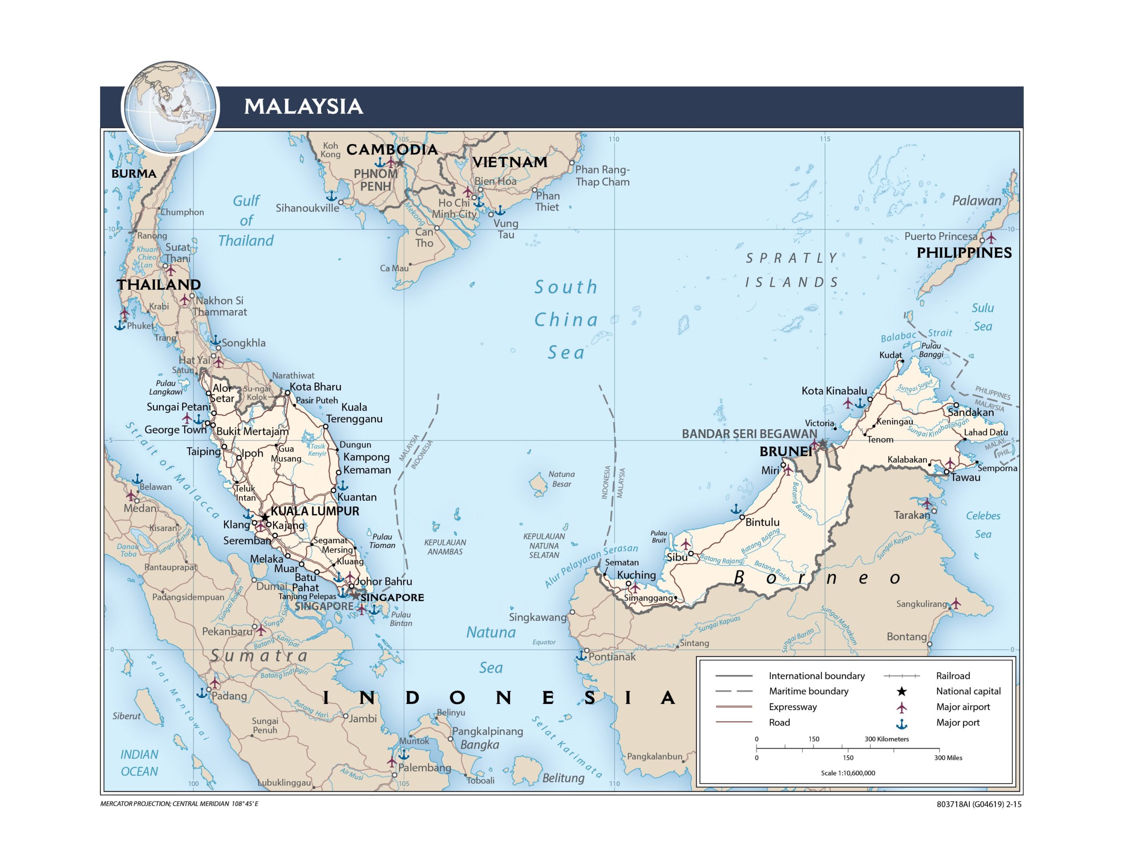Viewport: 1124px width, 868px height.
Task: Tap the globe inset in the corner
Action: (170, 108)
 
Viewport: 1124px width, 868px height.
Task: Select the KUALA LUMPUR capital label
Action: (315, 511)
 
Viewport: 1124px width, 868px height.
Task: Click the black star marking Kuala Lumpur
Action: (264, 517)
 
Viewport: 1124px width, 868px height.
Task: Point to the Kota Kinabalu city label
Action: (834, 391)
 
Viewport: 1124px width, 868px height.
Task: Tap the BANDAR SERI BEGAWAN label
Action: (749, 434)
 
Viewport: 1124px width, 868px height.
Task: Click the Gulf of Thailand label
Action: (246, 220)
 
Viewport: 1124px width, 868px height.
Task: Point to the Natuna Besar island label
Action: (562, 478)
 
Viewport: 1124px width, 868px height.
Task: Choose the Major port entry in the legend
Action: (957, 722)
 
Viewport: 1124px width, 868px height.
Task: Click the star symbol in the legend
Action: (902, 691)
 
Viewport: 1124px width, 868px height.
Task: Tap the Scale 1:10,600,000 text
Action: (848, 773)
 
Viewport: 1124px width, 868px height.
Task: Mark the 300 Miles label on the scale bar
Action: (948, 757)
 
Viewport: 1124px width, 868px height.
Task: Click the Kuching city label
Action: (636, 575)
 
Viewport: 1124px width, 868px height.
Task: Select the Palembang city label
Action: (425, 768)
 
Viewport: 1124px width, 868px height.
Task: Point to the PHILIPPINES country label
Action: (964, 253)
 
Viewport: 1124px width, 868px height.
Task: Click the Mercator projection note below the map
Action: (179, 803)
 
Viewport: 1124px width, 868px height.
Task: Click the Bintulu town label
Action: (762, 522)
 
